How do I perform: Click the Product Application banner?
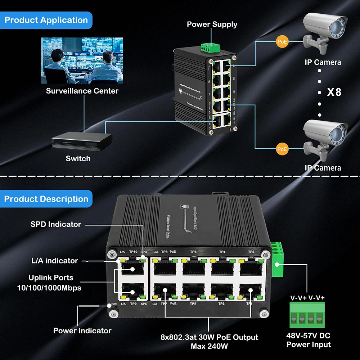point(46,20)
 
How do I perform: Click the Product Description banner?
point(46,199)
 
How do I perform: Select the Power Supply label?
point(212,24)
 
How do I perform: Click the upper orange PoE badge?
point(283,42)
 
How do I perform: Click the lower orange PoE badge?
point(283,148)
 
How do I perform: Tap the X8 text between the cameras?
point(334,92)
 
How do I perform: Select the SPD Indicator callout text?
point(56,224)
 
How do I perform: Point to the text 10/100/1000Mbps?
point(49,288)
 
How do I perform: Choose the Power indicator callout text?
point(82,330)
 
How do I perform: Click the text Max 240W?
point(209,346)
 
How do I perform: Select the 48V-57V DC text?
point(309,336)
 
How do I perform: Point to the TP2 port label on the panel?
point(251,252)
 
